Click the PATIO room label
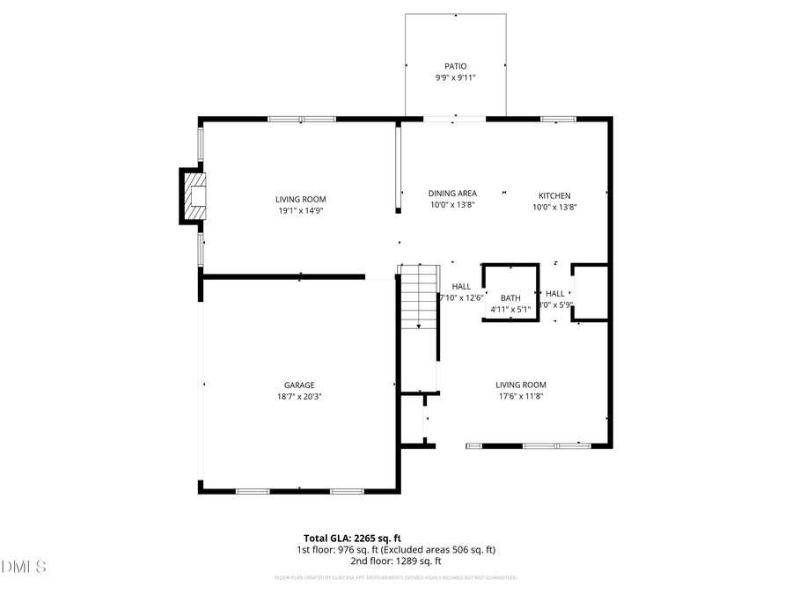455,66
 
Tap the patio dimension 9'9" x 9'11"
455,77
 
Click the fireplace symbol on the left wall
194,195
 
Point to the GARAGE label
299,385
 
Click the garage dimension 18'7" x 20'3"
299,397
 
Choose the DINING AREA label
452,194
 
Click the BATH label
510,297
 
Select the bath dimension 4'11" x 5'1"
510,309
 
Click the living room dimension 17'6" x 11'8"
521,397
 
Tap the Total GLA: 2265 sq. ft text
352,538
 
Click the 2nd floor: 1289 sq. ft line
395,561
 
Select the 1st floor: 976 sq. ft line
395,549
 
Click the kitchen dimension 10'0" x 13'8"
555,208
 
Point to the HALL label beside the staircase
461,286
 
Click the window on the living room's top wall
301,119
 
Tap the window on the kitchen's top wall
558,119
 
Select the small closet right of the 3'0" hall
590,292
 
